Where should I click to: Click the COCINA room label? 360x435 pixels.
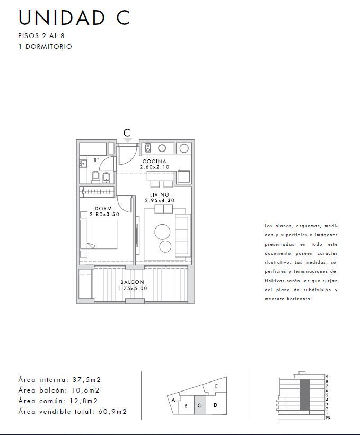[x=154, y=161]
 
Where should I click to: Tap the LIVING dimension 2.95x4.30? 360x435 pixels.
[x=160, y=200]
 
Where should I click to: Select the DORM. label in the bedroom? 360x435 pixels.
[x=104, y=208]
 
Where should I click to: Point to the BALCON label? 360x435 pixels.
[x=133, y=282]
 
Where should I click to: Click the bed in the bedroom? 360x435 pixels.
[x=99, y=234]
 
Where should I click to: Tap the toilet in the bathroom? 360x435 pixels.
[x=96, y=177]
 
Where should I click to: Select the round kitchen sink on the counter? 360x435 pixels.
[x=162, y=148]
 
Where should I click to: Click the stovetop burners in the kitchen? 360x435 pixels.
[x=148, y=148]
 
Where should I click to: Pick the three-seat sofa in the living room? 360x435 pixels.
[x=182, y=235]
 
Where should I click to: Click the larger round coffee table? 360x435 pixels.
[x=162, y=232]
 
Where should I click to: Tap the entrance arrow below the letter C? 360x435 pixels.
[x=127, y=140]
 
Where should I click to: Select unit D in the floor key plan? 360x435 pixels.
[x=215, y=405]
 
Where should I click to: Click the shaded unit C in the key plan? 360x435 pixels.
[x=199, y=405]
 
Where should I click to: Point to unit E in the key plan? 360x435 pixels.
[x=216, y=386]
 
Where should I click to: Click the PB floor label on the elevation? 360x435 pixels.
[x=328, y=418]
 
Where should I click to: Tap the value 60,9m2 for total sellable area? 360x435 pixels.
[x=112, y=411]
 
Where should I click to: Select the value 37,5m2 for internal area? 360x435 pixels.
[x=86, y=379]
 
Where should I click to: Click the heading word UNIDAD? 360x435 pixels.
[x=62, y=18]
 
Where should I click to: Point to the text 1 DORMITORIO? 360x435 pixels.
[x=45, y=46]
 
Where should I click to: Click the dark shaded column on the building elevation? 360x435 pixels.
[x=304, y=395]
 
